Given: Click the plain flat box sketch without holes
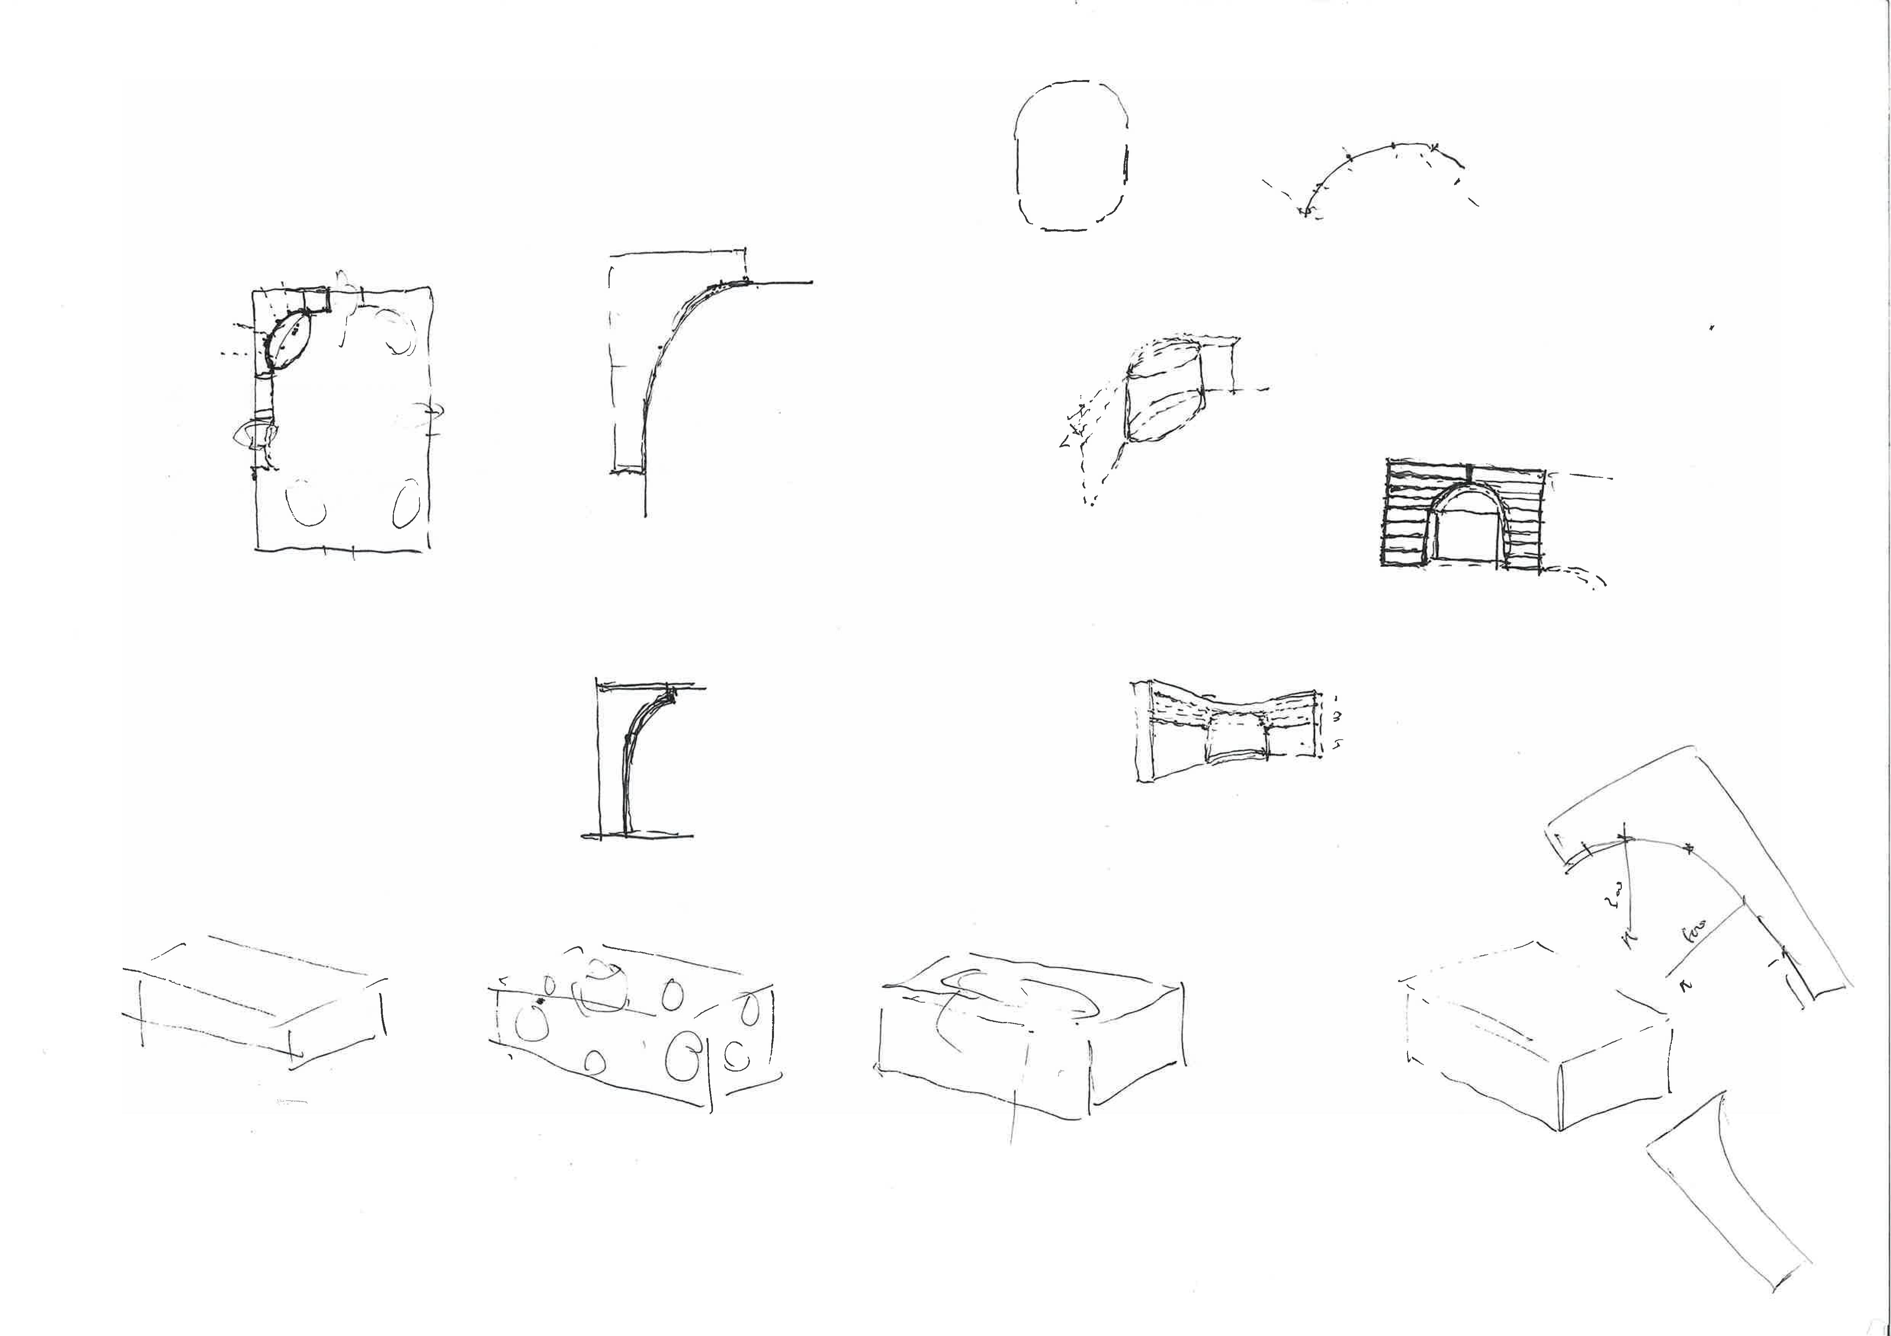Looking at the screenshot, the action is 255,1000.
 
